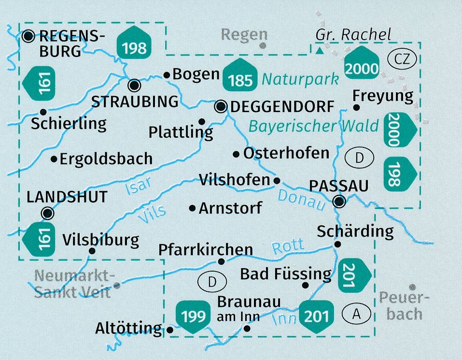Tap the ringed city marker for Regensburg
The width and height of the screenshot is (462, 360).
pos(28,35)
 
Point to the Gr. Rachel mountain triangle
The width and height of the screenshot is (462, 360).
pos(319,49)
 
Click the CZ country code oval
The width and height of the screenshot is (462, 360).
pos(401,59)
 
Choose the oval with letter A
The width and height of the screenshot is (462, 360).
pos(356,315)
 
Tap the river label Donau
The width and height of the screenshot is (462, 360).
pos(299,200)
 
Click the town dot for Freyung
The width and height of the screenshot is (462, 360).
pos(356,107)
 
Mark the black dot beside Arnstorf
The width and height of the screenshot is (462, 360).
pos(193,208)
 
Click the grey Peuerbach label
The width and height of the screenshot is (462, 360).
pos(404,305)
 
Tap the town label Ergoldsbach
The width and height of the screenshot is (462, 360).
pos(106,158)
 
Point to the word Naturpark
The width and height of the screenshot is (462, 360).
pos(302,79)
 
